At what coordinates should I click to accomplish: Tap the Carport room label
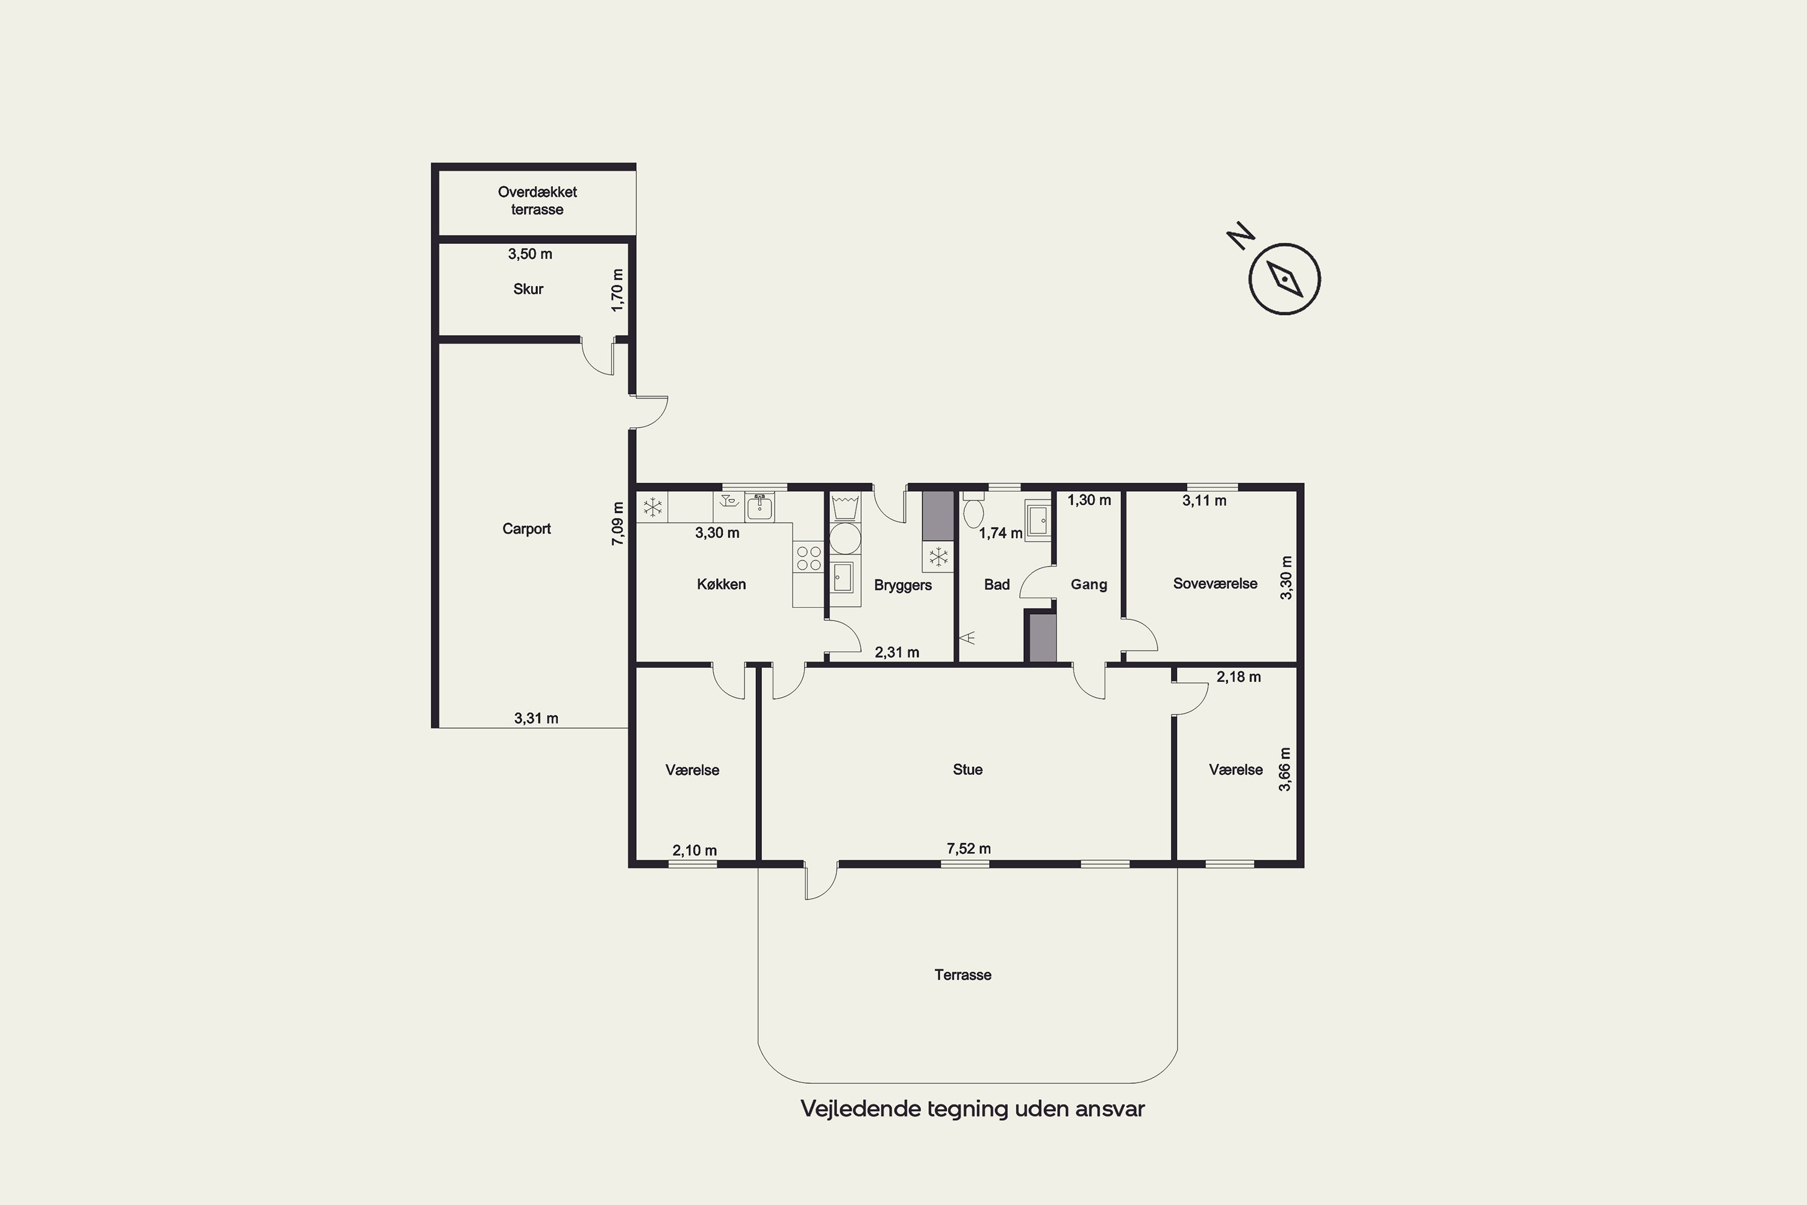click(526, 529)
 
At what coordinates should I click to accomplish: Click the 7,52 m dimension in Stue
click(968, 848)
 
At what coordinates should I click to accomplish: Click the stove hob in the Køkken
click(808, 558)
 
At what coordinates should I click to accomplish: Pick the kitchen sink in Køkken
click(759, 507)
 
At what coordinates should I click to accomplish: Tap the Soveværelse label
click(1215, 583)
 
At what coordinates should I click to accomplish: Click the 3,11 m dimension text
click(1204, 500)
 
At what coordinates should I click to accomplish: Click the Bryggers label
click(903, 585)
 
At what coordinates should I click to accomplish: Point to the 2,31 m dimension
click(897, 653)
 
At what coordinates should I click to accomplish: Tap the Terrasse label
click(963, 974)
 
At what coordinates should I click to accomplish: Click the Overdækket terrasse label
click(537, 201)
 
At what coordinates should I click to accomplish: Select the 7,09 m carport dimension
click(618, 524)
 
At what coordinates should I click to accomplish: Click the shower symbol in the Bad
click(967, 637)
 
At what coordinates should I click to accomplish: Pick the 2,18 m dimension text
click(1238, 677)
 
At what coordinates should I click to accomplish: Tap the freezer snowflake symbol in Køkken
click(653, 507)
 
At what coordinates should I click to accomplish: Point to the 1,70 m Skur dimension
click(618, 290)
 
